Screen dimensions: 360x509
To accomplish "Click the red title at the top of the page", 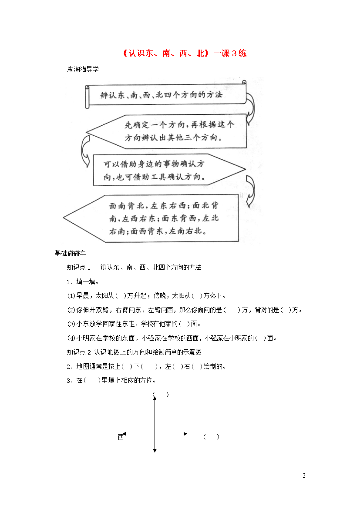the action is pyautogui.click(x=184, y=53).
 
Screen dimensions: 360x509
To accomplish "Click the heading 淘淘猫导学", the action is pyautogui.click(x=83, y=69).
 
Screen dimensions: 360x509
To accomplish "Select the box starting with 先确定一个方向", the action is pyautogui.click(x=166, y=131).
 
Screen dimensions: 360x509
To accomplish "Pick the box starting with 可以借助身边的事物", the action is pyautogui.click(x=169, y=170).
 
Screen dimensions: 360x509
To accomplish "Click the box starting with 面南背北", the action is pyautogui.click(x=151, y=218).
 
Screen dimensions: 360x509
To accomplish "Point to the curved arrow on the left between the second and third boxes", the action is pyautogui.click(x=85, y=151).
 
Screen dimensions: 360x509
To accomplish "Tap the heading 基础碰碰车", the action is pyautogui.click(x=70, y=253).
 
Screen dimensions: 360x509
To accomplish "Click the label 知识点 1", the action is pyautogui.click(x=79, y=267).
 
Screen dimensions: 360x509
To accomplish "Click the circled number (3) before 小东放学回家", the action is pyautogui.click(x=71, y=324).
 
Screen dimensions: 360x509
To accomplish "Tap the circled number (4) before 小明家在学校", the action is pyautogui.click(x=71, y=338).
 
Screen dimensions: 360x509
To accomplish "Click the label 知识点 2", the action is pyautogui.click(x=79, y=352).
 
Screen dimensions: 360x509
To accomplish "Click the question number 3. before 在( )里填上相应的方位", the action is pyautogui.click(x=70, y=381).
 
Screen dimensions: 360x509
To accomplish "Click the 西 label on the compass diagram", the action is pyautogui.click(x=121, y=437).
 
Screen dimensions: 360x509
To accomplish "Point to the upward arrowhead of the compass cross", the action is pyautogui.click(x=155, y=398).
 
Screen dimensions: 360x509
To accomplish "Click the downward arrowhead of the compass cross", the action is pyautogui.click(x=155, y=451).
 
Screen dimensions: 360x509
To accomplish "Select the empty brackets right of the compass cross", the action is pyautogui.click(x=211, y=437).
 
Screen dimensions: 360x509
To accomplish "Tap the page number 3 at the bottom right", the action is pyautogui.click(x=304, y=476).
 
